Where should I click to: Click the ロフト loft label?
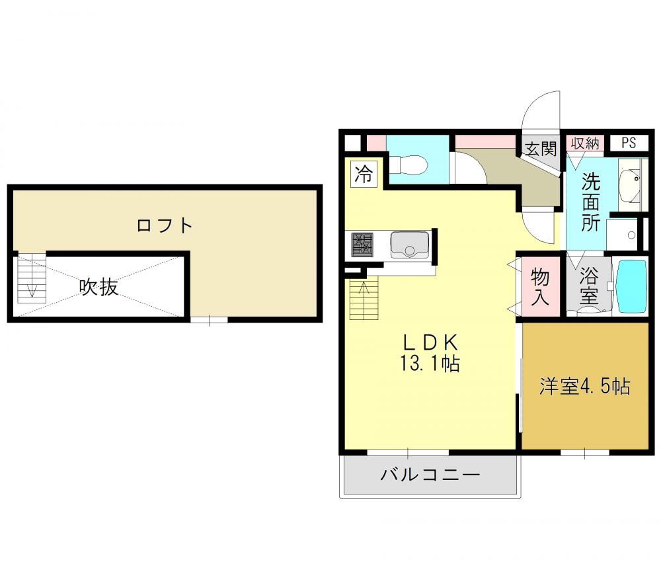pos(165,225)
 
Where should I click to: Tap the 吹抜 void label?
pos(98,287)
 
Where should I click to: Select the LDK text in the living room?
pos(430,342)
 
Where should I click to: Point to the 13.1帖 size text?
pos(430,363)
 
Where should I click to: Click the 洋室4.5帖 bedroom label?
pos(585,386)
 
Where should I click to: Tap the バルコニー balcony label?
pos(430,475)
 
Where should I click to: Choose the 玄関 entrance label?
pos(541,149)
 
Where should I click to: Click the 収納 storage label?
pos(585,143)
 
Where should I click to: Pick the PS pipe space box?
pos(629,143)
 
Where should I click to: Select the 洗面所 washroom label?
pos(590,202)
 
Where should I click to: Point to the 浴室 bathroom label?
pos(588,286)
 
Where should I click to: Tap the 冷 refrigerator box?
pos(364,174)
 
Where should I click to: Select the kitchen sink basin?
pos(409,245)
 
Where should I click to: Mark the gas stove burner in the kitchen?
pos(362,245)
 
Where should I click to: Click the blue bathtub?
pos(631,286)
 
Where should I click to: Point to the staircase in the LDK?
pos(364,299)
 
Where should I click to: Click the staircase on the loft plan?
pos(32,278)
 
